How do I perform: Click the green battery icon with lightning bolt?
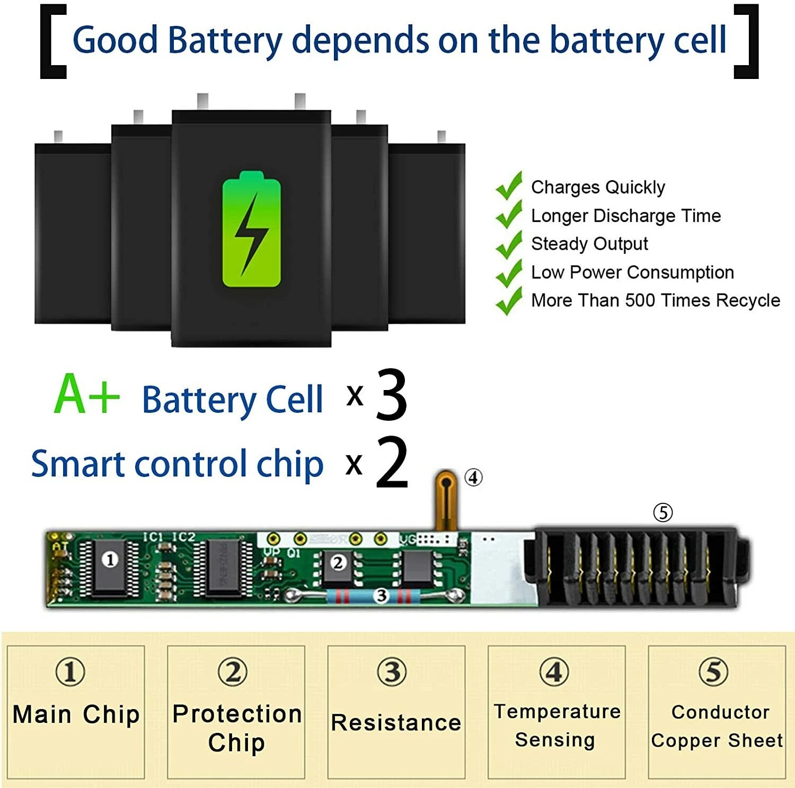251,229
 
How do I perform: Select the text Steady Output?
589,244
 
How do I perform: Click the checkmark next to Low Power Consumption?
509,272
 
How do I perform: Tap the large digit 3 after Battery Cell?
392,395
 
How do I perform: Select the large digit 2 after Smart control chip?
392,462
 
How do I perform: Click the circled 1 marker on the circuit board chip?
110,560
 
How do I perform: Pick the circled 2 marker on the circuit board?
338,563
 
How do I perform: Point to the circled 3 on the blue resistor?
381,596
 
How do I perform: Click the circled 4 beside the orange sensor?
473,477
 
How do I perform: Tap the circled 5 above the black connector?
662,512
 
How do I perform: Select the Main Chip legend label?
76,714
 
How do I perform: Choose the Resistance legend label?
396,723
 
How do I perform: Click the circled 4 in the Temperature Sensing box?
554,672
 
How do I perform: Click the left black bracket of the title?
53,41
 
